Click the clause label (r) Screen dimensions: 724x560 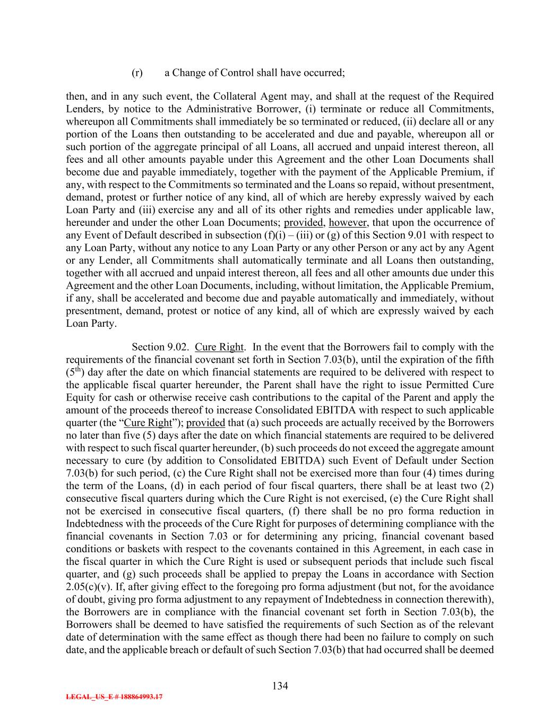click(137, 73)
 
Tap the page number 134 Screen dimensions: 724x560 click(280, 686)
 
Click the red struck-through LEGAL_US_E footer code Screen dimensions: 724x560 click(114, 697)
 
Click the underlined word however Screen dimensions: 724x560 click(345, 222)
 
